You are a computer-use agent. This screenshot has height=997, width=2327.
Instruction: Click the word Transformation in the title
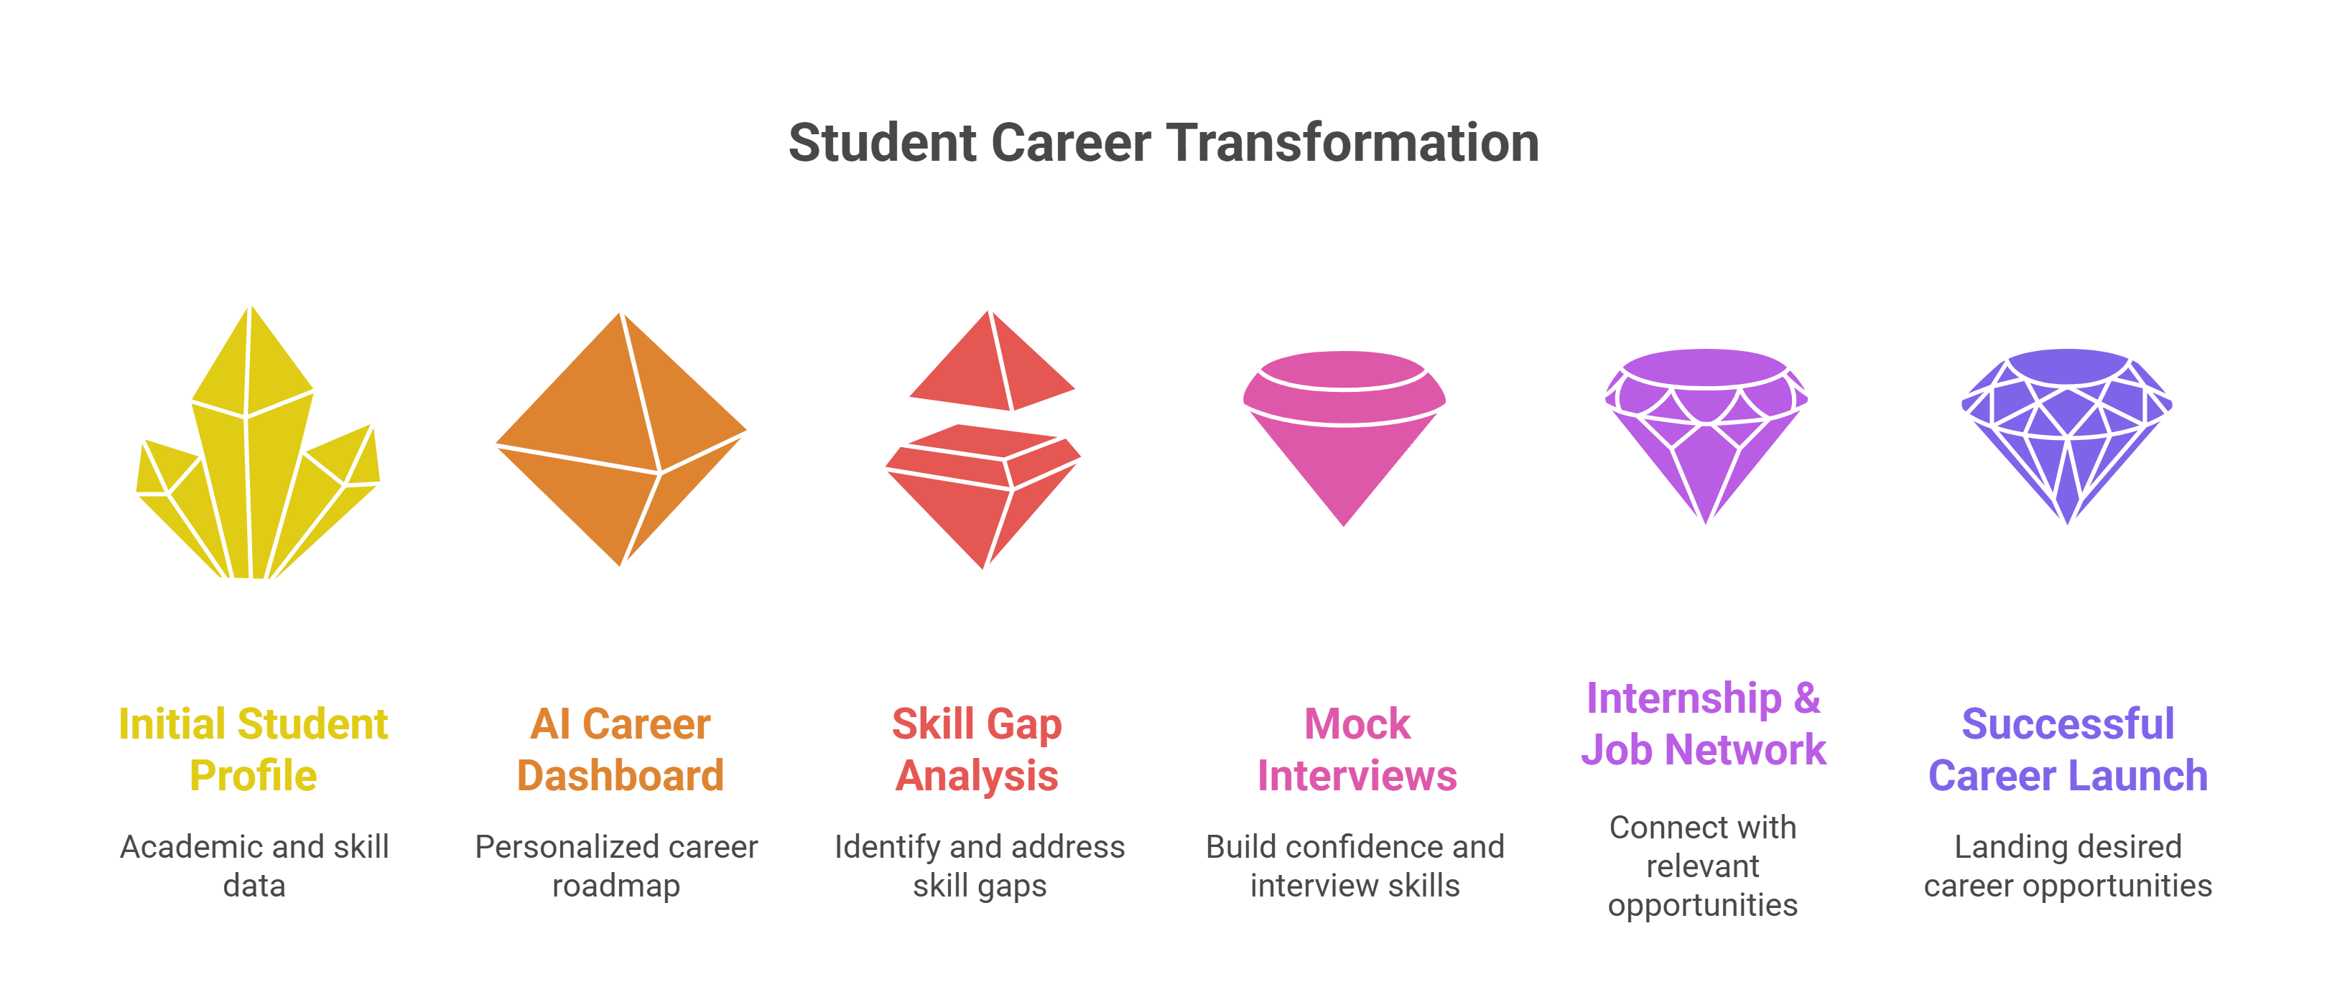click(x=1352, y=143)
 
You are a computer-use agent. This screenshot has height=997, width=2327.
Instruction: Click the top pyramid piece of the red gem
click(x=992, y=361)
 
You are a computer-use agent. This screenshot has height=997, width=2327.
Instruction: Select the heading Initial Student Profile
click(x=254, y=749)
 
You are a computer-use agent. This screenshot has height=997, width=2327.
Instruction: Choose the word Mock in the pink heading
click(x=1357, y=724)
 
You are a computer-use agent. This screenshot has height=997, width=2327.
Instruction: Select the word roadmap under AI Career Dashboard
click(x=616, y=886)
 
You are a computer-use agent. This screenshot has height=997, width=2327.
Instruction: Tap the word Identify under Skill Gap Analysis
click(x=888, y=847)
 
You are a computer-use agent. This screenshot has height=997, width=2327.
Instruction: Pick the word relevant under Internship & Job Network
click(x=1703, y=866)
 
